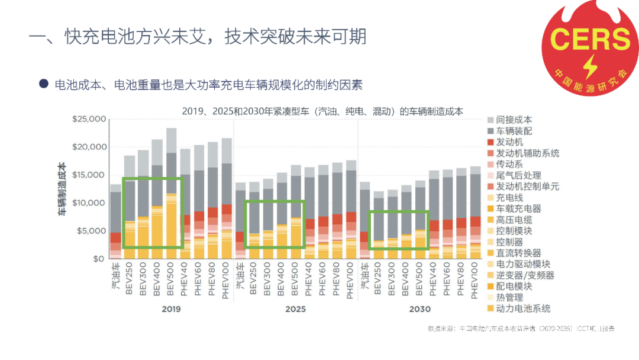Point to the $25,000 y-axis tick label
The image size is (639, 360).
pos(88,119)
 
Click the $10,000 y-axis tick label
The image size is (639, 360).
pos(88,203)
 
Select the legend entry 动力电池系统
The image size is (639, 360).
pos(522,308)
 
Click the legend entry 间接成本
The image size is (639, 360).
pos(514,120)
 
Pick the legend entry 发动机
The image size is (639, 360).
pos(509,142)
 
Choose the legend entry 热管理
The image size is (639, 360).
pos(509,297)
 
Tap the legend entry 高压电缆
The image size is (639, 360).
pos(514,220)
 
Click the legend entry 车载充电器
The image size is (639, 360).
pos(518,208)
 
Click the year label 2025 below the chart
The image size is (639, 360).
pos(295,309)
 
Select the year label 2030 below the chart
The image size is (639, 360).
pos(419,309)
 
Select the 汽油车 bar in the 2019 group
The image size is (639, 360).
pos(115,222)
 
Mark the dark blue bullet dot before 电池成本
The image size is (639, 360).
pos(43,84)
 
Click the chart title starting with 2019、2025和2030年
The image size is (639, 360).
pos(322,111)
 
